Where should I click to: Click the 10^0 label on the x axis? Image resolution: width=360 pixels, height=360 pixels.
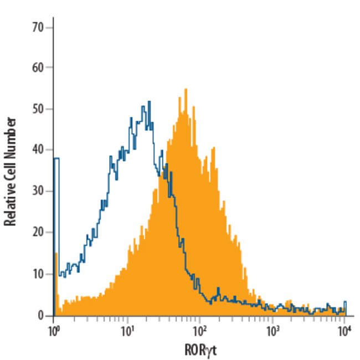(54, 331)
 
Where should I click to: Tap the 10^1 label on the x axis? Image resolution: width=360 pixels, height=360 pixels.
(127, 331)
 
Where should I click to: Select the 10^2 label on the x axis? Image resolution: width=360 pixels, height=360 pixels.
(199, 331)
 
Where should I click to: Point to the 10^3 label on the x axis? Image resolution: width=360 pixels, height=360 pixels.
(272, 331)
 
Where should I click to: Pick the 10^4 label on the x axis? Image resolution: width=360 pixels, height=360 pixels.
(344, 331)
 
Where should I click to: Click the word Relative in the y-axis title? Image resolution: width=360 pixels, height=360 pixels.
(9, 205)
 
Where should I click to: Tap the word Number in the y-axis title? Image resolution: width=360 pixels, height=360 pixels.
(9, 135)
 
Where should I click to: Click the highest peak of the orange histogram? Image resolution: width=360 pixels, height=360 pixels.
(186, 90)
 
